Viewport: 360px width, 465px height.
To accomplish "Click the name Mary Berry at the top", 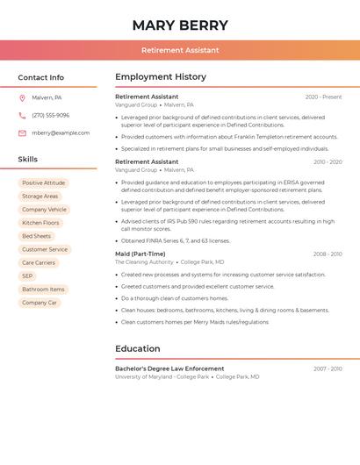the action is pyautogui.click(x=180, y=25).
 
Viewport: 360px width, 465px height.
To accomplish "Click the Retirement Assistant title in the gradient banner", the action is pyautogui.click(x=180, y=50).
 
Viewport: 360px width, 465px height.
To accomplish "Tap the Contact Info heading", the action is pyautogui.click(x=41, y=77).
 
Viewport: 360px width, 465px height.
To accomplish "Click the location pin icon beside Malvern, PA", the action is pyautogui.click(x=22, y=97).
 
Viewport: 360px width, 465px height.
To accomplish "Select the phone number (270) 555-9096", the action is pyautogui.click(x=50, y=115).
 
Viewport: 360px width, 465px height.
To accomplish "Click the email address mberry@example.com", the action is pyautogui.click(x=61, y=132).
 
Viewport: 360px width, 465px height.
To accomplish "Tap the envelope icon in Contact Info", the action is pyautogui.click(x=22, y=132).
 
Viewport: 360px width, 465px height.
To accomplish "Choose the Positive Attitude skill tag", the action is pyautogui.click(x=44, y=183).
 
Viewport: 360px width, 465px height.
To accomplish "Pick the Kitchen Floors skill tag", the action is pyautogui.click(x=40, y=223).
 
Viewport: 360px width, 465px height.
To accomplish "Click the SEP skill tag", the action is pyautogui.click(x=27, y=275).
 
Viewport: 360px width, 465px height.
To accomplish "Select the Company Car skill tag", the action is pyautogui.click(x=40, y=303).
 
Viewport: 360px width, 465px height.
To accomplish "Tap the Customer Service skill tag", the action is pyautogui.click(x=45, y=249).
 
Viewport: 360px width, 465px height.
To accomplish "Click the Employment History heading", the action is pyautogui.click(x=161, y=77).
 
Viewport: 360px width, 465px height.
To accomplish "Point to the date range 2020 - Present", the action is pyautogui.click(x=323, y=97).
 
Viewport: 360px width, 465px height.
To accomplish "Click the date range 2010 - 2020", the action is pyautogui.click(x=327, y=161).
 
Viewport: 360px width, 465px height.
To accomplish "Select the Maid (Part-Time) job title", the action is pyautogui.click(x=140, y=254).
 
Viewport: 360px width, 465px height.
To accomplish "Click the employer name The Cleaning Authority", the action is pyautogui.click(x=144, y=262).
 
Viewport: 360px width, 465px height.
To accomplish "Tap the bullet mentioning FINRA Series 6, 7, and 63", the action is pyautogui.click(x=176, y=240).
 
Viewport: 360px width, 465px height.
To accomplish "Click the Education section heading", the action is pyautogui.click(x=138, y=348).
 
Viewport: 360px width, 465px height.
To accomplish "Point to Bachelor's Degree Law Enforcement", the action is pyautogui.click(x=169, y=368).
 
